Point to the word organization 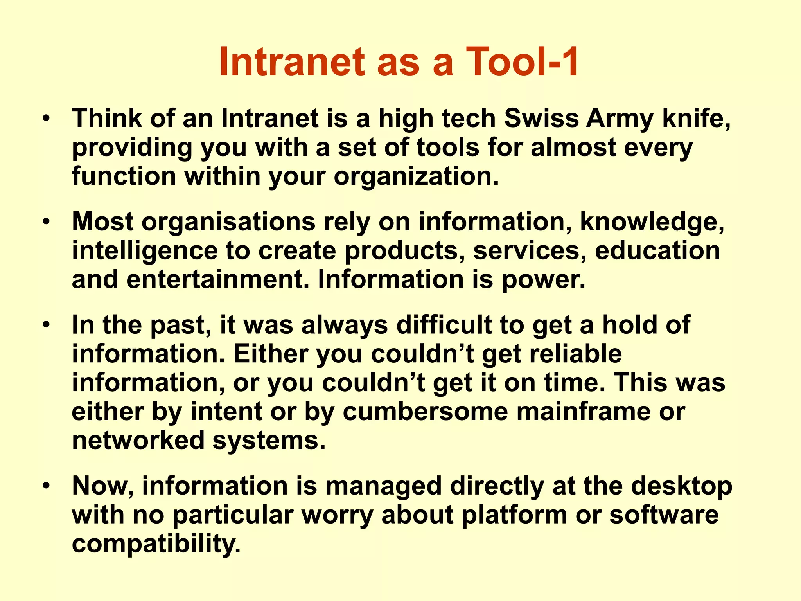pos(416,177)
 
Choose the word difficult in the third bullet pos(444,325)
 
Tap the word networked pos(138,441)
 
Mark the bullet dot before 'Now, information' pos(47,486)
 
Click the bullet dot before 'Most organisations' pos(47,222)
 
